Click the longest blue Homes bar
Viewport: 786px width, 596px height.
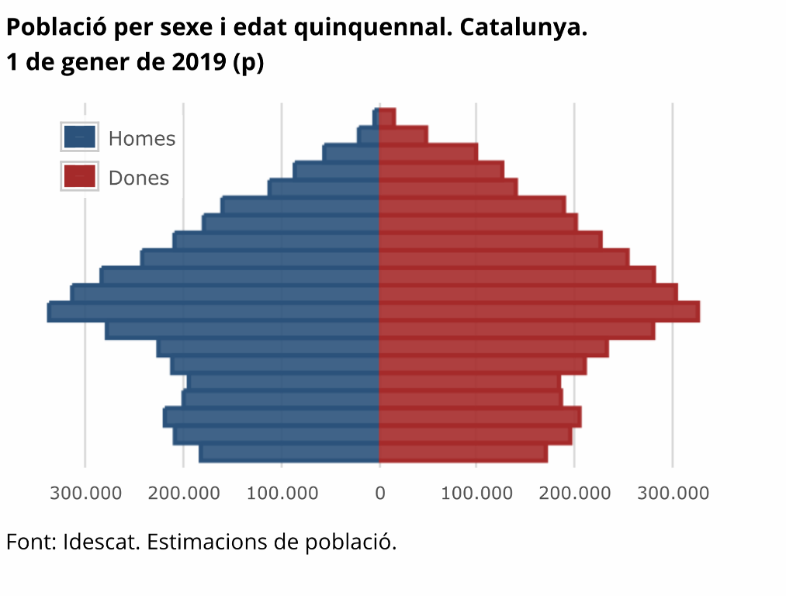click(213, 312)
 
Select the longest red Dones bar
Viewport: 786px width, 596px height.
click(539, 312)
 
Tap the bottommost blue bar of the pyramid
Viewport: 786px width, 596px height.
click(289, 453)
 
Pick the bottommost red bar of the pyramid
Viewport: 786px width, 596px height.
click(463, 453)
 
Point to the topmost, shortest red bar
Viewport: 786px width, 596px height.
click(387, 116)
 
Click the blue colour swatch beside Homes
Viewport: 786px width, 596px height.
click(79, 137)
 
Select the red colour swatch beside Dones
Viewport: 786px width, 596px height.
click(79, 177)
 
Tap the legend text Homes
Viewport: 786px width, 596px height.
click(142, 139)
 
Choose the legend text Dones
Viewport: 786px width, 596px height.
click(139, 178)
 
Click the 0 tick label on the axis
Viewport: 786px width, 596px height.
click(379, 494)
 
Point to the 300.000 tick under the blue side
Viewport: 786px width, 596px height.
click(85, 494)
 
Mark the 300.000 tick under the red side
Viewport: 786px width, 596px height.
click(673, 494)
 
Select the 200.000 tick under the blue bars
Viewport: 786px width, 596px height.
click(183, 494)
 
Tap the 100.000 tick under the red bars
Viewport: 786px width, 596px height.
click(477, 494)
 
